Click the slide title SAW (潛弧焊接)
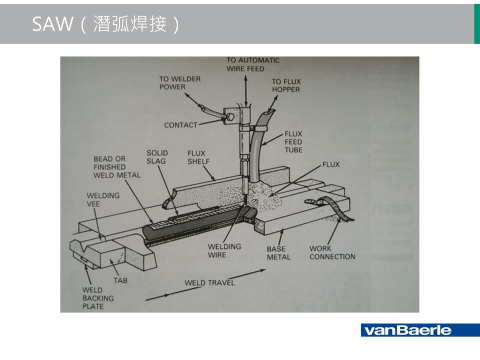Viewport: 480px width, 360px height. pyautogui.click(x=105, y=24)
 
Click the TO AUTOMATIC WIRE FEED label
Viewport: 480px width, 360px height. pyautogui.click(x=253, y=64)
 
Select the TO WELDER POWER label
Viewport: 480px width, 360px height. pyautogui.click(x=179, y=82)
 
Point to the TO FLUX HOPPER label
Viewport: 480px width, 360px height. pyautogui.click(x=286, y=85)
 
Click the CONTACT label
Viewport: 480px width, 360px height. pyautogui.click(x=180, y=125)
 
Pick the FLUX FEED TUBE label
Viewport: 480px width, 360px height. pyautogui.click(x=293, y=142)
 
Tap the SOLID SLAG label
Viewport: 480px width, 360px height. pyautogui.click(x=157, y=157)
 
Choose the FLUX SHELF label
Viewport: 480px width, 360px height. pyautogui.click(x=198, y=157)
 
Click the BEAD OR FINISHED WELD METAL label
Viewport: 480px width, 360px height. pyautogui.click(x=117, y=167)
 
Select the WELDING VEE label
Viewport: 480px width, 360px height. pyautogui.click(x=103, y=200)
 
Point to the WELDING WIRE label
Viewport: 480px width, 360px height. pyautogui.click(x=224, y=250)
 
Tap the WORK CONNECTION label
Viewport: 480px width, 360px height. pyautogui.click(x=332, y=252)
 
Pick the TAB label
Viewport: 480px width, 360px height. pyautogui.click(x=120, y=280)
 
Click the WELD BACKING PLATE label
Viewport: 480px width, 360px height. pyautogui.click(x=98, y=298)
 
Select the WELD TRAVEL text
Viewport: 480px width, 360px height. pyautogui.click(x=209, y=282)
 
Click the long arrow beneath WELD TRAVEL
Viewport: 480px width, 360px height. pyautogui.click(x=205, y=285)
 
